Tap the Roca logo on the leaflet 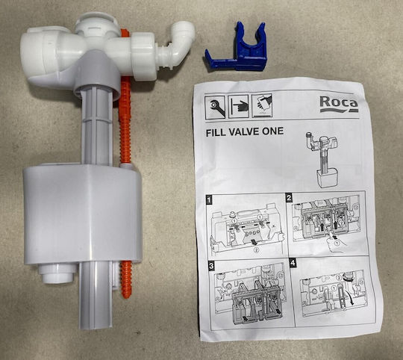[x=339, y=104]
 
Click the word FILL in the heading [x=216, y=133]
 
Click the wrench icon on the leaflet [x=215, y=108]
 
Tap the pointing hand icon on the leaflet [x=239, y=106]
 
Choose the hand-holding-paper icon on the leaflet [x=262, y=105]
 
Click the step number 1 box [x=209, y=200]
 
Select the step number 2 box [x=289, y=198]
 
